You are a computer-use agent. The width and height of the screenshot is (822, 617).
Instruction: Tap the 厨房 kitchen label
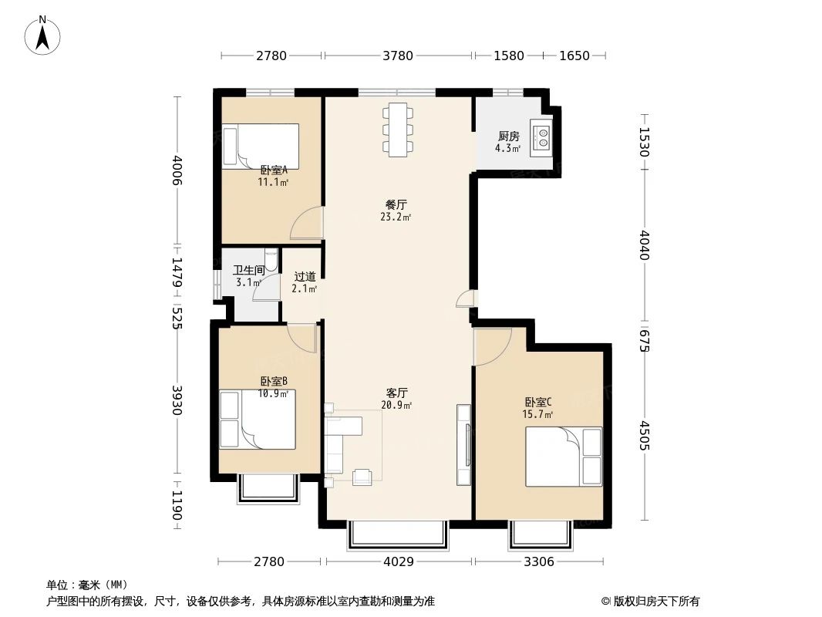508,137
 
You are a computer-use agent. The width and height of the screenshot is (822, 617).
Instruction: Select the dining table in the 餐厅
398,129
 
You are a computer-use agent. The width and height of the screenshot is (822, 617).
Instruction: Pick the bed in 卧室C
563,457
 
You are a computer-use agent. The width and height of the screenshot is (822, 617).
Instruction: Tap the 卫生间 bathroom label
248,271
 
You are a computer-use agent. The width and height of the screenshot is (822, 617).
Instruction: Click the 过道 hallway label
305,276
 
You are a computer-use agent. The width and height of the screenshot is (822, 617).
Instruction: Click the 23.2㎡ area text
396,217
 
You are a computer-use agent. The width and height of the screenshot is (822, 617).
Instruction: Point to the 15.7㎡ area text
537,414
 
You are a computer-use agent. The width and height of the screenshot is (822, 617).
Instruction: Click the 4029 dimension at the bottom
398,562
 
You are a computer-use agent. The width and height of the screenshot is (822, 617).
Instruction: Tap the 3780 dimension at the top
398,56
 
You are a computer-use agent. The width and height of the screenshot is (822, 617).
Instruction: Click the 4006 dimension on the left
178,170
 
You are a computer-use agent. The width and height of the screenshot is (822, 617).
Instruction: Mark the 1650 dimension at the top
574,56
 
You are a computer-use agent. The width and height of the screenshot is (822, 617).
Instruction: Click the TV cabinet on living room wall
463,445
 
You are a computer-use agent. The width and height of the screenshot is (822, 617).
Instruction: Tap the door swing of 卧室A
305,224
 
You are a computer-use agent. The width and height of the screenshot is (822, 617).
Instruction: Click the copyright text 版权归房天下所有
655,601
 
